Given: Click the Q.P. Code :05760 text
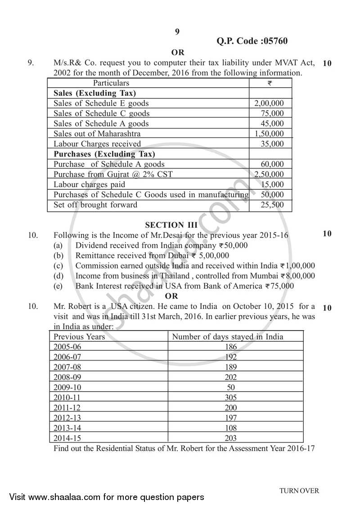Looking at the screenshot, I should coord(252,41).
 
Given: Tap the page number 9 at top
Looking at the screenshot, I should coord(177,31).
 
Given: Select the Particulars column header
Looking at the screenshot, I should coord(111,83).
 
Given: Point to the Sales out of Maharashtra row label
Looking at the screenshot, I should coord(97,134).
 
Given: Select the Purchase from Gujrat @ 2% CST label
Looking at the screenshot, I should coord(113,174).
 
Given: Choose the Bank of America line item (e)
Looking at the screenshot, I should coord(184,286).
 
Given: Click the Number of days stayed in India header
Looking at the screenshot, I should coord(228,336).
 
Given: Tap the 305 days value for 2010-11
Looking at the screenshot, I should coord(230,397).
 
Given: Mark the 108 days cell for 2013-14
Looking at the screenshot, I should coord(230,428).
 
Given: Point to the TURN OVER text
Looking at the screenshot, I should coord(299,491).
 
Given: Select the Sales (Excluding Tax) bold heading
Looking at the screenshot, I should coord(94,93).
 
